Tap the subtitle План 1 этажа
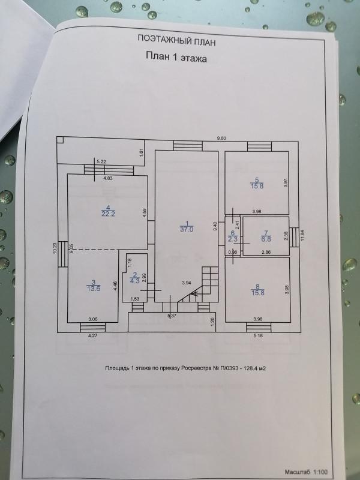click(176, 58)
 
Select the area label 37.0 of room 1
click(187, 229)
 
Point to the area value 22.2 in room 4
click(108, 214)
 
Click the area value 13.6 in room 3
click(94, 289)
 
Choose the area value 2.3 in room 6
click(233, 239)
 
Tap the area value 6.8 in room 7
click(266, 239)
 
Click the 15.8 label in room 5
click(257, 186)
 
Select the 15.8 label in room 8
click(257, 293)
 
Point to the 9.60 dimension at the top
click(221, 139)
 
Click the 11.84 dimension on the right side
click(303, 236)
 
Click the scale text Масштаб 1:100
click(306, 472)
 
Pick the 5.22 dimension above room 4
click(101, 161)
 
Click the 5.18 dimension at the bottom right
click(259, 335)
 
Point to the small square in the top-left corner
click(60, 140)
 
